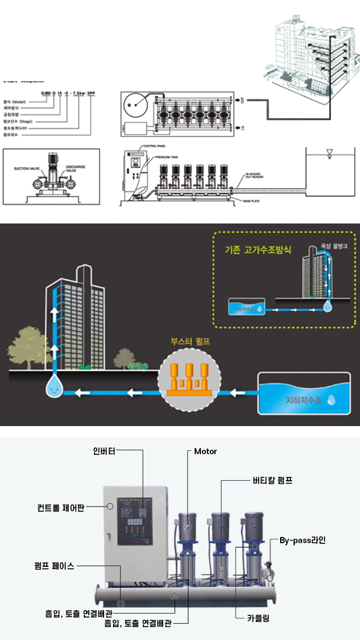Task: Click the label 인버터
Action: coord(104,451)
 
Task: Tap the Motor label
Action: coord(205,451)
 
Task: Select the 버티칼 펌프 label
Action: coord(272,480)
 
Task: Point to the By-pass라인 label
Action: coord(303,540)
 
